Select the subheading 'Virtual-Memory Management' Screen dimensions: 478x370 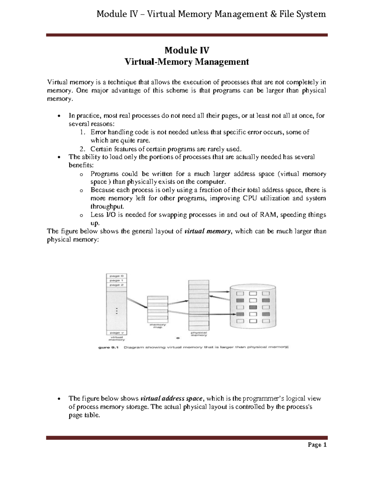186,62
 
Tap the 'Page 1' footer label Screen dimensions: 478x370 316,445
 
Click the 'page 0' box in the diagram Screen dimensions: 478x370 116,276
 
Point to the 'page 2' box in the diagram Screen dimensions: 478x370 116,285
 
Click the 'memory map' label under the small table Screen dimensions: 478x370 158,326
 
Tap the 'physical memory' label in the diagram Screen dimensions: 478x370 199,334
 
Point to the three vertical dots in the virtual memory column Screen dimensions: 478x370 117,311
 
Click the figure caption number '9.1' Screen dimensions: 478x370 116,347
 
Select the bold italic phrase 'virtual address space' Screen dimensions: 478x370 171,399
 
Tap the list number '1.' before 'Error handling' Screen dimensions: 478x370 82,132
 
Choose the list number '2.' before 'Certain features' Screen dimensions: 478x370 82,149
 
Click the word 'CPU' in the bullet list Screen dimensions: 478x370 250,198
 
